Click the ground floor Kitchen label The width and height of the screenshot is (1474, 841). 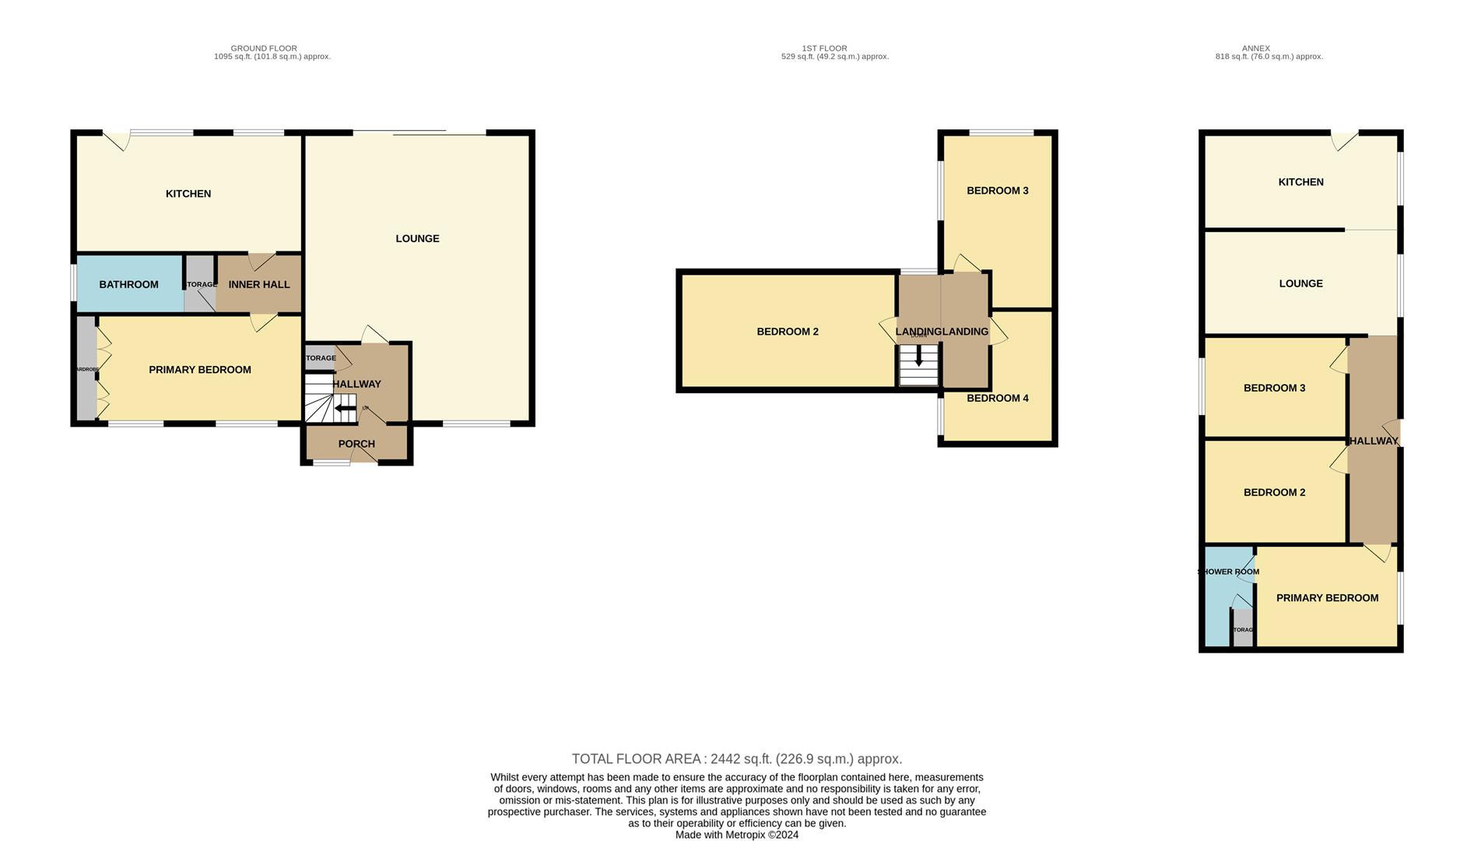click(188, 194)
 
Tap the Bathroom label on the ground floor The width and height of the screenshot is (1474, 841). click(128, 285)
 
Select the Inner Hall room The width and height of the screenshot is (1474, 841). click(259, 285)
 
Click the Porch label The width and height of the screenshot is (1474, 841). click(356, 444)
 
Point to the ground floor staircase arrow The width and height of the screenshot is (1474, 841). click(345, 408)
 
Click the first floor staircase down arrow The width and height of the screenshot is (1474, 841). click(918, 358)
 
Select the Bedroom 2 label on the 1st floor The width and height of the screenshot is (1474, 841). click(788, 332)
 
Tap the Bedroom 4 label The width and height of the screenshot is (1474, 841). click(997, 399)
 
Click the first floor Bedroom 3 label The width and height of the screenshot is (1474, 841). click(997, 191)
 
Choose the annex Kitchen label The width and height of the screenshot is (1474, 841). click(1300, 182)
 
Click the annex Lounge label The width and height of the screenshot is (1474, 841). click(1300, 283)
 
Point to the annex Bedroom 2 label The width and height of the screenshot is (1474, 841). click(1274, 492)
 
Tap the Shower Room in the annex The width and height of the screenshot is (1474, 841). click(1227, 572)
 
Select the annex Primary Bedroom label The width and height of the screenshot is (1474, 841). click(1327, 598)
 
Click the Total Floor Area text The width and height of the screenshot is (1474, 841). click(736, 758)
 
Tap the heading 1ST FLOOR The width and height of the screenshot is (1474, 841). click(824, 48)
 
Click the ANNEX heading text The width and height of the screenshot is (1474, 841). click(1255, 48)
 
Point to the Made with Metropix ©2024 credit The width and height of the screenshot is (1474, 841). click(736, 835)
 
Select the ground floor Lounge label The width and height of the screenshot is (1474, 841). click(417, 239)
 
